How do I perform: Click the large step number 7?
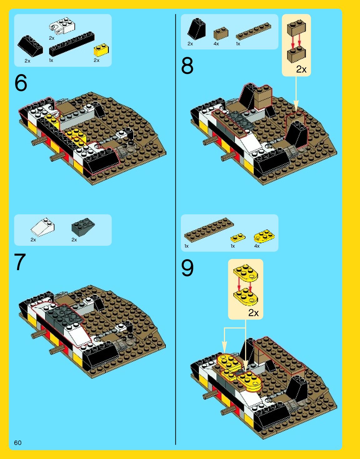pos(20,262)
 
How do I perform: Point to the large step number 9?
pos(187,268)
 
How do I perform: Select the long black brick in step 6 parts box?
pos(72,44)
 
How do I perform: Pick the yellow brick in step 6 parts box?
pos(101,50)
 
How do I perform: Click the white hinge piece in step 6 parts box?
pos(62,26)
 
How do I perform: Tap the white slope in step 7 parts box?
pos(43,227)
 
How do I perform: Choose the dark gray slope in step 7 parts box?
pos(83,227)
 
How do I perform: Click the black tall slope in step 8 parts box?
pos(196,29)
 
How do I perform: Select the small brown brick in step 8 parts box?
pos(221,33)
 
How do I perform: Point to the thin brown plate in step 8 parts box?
pos(254,31)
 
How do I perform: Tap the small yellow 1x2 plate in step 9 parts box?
pos(238,238)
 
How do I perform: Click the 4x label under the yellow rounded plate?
pos(257,246)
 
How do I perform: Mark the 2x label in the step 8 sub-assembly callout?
pos(301,69)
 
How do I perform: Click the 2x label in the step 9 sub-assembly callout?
pos(253,313)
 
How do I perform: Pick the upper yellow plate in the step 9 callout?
pos(246,273)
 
